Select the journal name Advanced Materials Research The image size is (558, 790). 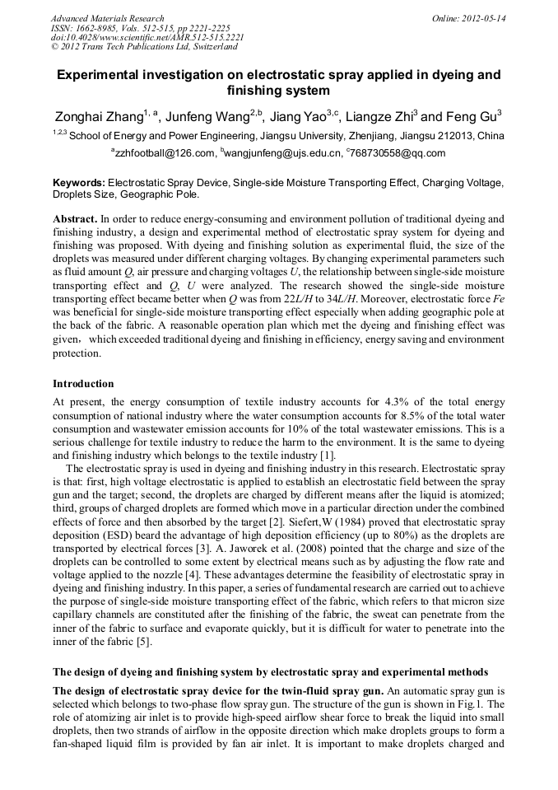click(x=107, y=18)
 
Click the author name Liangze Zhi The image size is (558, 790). click(x=379, y=117)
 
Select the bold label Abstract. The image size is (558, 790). click(x=75, y=220)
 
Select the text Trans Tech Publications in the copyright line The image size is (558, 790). click(x=123, y=48)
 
